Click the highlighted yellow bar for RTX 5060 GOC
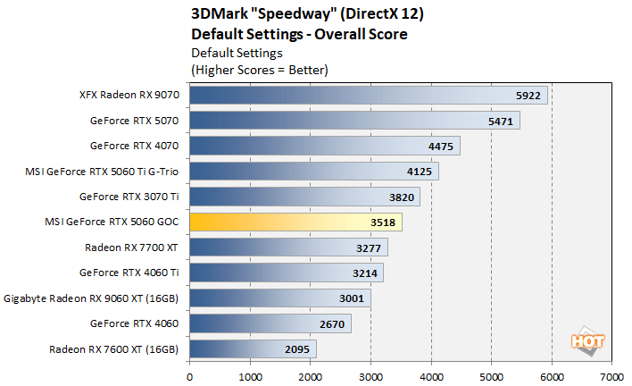pos(295,222)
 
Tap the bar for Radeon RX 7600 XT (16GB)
pos(252,348)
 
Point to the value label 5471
pos(498,121)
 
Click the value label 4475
pos(438,146)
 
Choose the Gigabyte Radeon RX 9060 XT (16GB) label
pos(93,298)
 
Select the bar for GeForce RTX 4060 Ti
pos(286,273)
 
